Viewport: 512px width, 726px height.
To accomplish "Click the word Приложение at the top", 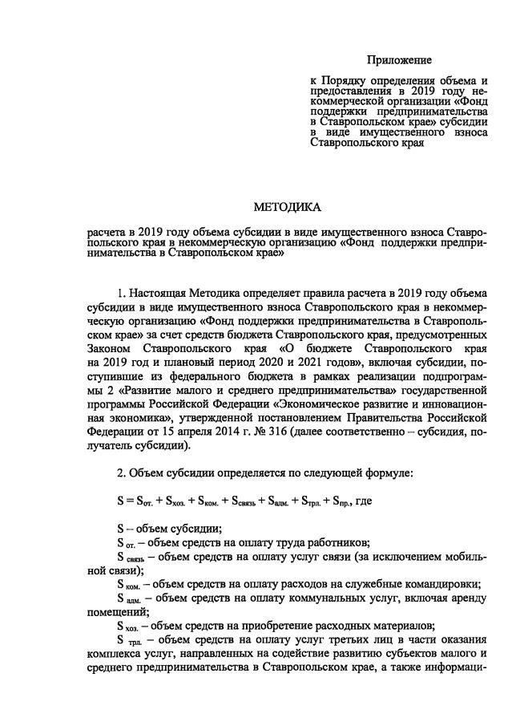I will (x=399, y=60).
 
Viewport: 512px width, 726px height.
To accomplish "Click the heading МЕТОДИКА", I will (x=287, y=208).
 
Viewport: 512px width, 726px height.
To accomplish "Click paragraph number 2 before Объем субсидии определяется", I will (x=120, y=473).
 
